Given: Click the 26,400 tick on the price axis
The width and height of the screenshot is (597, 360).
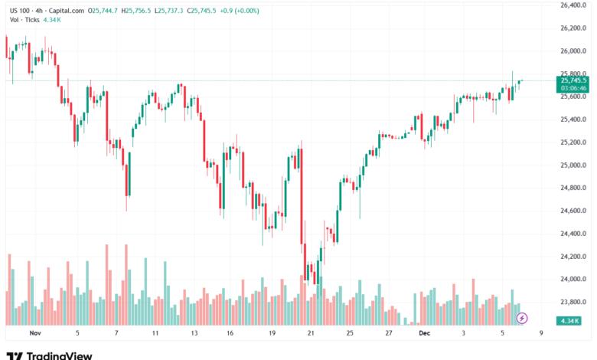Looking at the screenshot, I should click(x=573, y=5).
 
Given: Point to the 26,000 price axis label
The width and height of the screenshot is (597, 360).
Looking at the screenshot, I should click(x=573, y=51).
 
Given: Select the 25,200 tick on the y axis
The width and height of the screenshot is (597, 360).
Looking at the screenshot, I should click(x=573, y=142).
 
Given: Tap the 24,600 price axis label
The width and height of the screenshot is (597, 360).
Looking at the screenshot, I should click(x=573, y=211).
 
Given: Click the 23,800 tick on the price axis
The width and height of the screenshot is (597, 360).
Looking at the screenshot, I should click(x=573, y=302).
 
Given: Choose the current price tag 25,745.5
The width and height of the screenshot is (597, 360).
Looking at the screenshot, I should click(x=573, y=80).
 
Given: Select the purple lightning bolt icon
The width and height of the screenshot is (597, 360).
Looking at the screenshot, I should click(x=523, y=318).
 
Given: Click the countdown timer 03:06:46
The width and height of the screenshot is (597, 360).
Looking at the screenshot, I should click(x=573, y=88).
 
